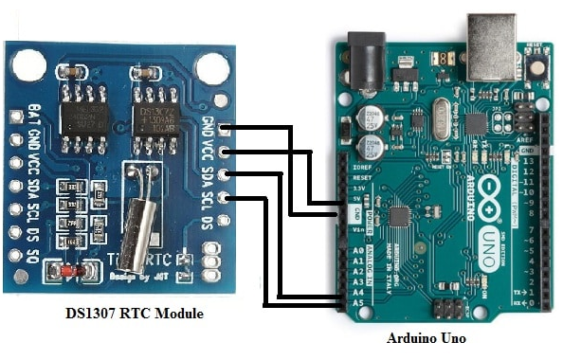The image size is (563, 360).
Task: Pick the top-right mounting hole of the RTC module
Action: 211,67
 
